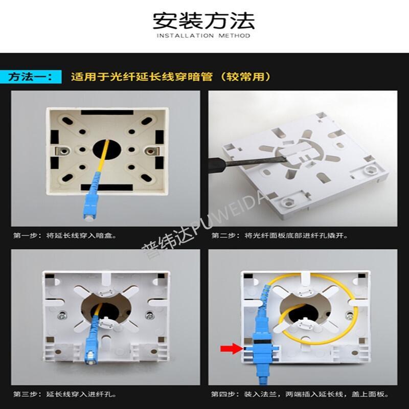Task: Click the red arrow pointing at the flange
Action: [x=232, y=349]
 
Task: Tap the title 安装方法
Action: [x=203, y=20]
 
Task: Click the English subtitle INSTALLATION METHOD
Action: [x=203, y=35]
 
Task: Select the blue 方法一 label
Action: [x=31, y=77]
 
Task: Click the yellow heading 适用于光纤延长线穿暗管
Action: [x=142, y=77]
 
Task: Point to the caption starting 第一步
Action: [x=65, y=236]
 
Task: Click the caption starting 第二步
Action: [x=280, y=236]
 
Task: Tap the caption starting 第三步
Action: [x=65, y=394]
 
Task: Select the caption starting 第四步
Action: [x=300, y=394]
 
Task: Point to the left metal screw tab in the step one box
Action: [x=62, y=151]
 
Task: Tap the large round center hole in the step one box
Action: [x=107, y=150]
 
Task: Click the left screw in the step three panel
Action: [x=62, y=315]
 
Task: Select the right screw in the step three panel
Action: [x=150, y=315]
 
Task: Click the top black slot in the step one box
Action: [x=107, y=112]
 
